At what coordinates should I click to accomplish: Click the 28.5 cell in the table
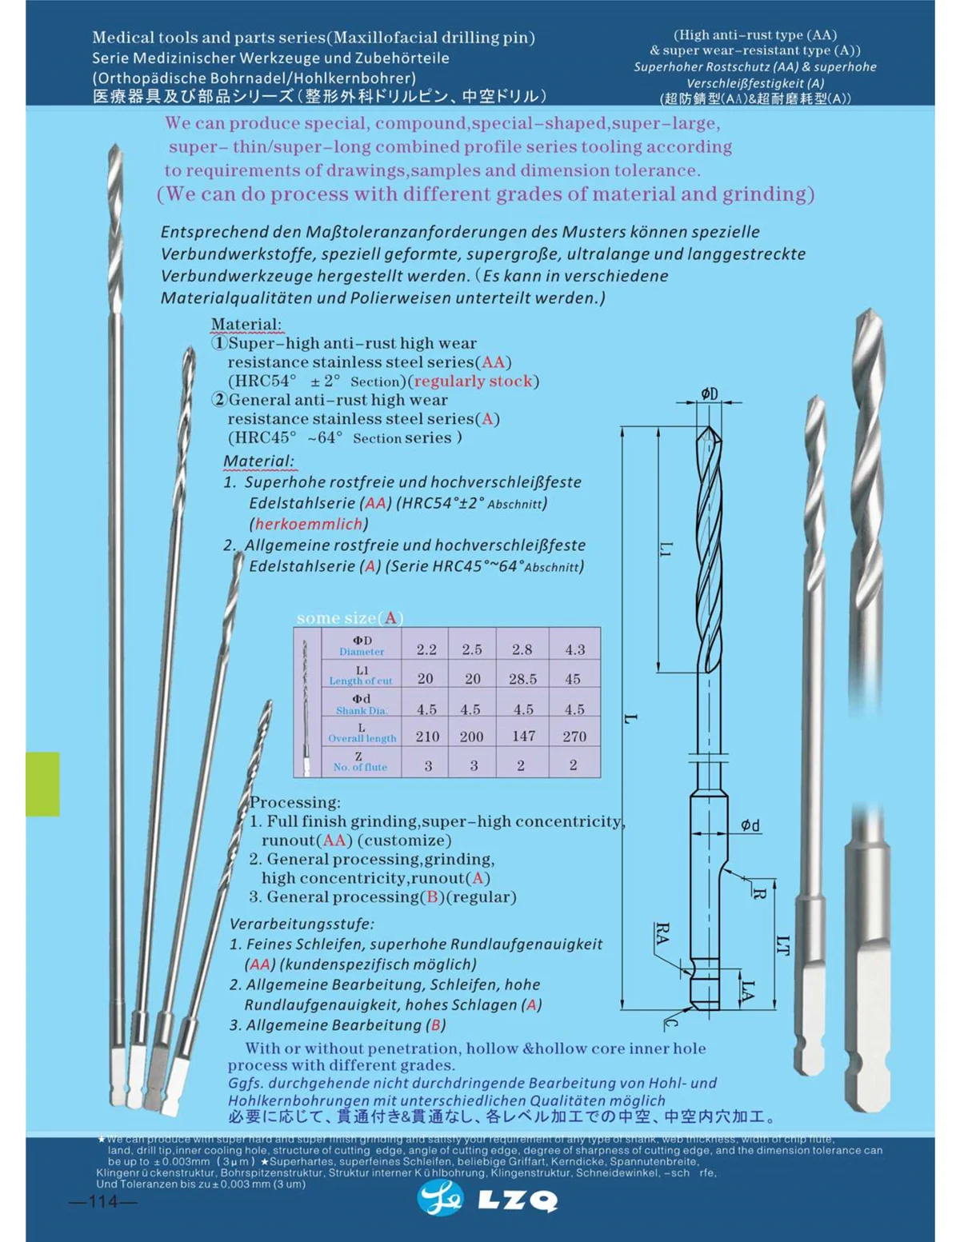[x=522, y=679]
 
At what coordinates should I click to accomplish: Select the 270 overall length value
[x=574, y=737]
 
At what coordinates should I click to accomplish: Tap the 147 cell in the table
[x=523, y=737]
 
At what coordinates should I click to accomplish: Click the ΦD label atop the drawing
[x=710, y=393]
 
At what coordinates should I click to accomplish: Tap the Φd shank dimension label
[x=750, y=825]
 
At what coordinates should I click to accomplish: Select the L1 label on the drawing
[x=666, y=549]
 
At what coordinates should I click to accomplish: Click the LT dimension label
[x=784, y=946]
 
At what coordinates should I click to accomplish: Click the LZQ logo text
[x=517, y=1200]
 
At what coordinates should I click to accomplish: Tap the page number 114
[x=103, y=1202]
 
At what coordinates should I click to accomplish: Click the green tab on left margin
[x=42, y=784]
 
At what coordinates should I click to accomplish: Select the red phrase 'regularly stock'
[x=473, y=381]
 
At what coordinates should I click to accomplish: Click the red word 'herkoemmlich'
[x=309, y=525]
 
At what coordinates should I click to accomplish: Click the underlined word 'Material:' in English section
[x=246, y=325]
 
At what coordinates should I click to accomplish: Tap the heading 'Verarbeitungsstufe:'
[x=302, y=923]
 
